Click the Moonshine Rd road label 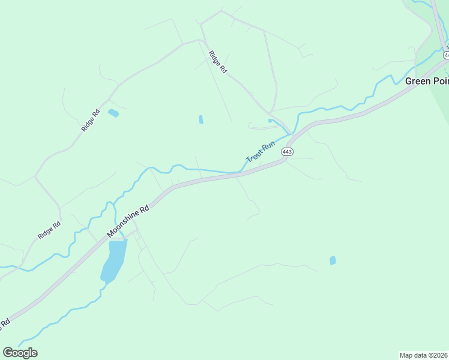click(x=127, y=221)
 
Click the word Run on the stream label click(x=268, y=145)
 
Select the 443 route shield click(x=287, y=152)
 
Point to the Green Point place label click(x=427, y=81)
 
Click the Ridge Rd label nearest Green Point click(x=217, y=62)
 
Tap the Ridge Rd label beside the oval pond click(x=91, y=120)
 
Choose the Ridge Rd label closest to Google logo click(x=49, y=231)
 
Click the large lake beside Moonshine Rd click(x=113, y=260)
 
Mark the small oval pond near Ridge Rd click(x=113, y=113)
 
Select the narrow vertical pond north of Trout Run click(x=200, y=119)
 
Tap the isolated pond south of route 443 click(x=333, y=260)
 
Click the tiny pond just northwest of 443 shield click(x=270, y=121)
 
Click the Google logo click(x=20, y=353)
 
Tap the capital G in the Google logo click(x=8, y=353)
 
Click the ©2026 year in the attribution click(x=439, y=355)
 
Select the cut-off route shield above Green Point click(x=446, y=55)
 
